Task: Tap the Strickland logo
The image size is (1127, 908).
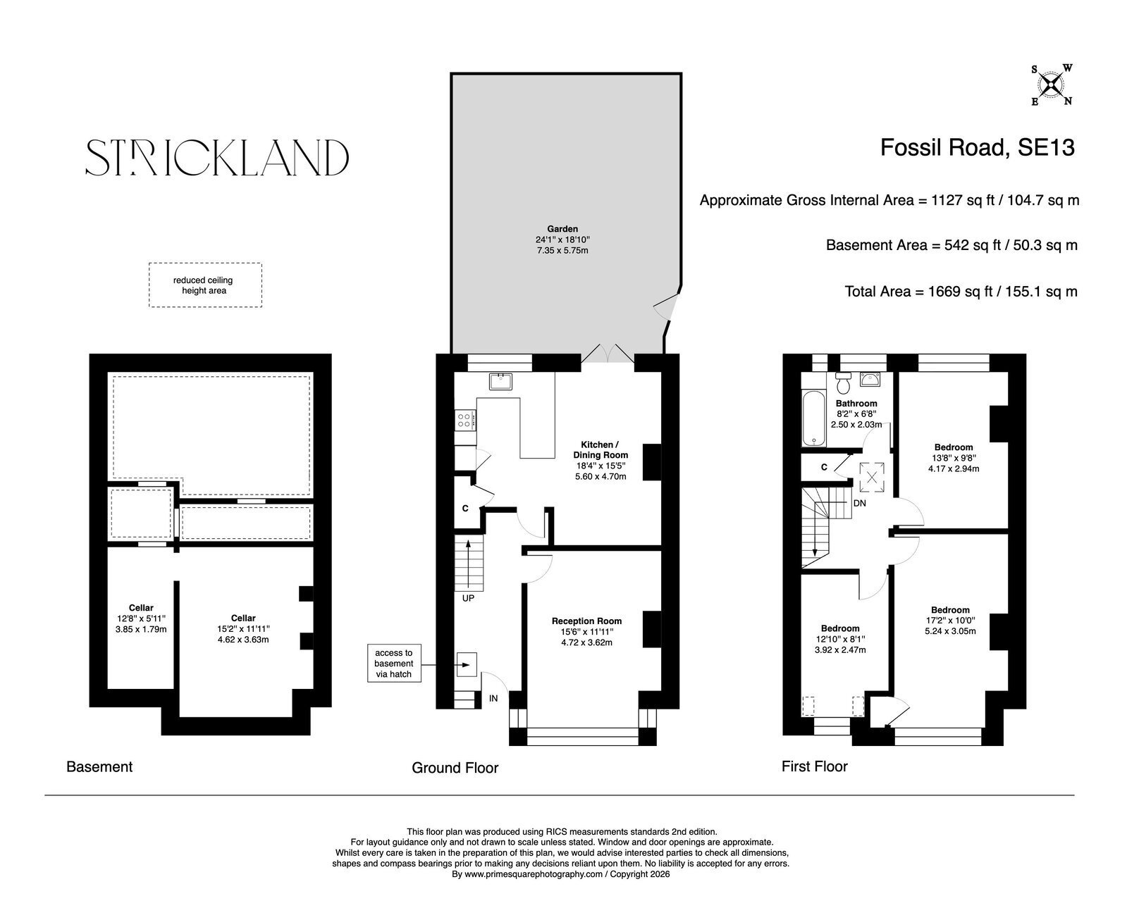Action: (217, 157)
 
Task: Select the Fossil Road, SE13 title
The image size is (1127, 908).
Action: (977, 148)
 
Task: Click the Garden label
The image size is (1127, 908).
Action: (562, 229)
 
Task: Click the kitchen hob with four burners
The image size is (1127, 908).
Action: (465, 420)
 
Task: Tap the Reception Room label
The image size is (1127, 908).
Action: (586, 621)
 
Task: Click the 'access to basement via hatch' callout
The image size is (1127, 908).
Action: (394, 663)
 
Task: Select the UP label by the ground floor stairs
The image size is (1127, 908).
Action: (468, 597)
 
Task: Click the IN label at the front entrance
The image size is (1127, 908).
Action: (493, 698)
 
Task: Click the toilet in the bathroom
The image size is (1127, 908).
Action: (843, 383)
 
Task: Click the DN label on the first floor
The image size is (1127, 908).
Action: (859, 504)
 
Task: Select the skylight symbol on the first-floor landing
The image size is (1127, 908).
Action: (872, 478)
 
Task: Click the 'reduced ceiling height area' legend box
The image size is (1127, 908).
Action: (205, 285)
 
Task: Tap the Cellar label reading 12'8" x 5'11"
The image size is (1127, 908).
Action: (141, 618)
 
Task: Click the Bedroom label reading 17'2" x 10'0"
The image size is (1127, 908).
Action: (950, 621)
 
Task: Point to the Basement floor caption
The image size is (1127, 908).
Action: (99, 767)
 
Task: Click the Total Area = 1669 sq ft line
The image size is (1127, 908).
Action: (961, 292)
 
